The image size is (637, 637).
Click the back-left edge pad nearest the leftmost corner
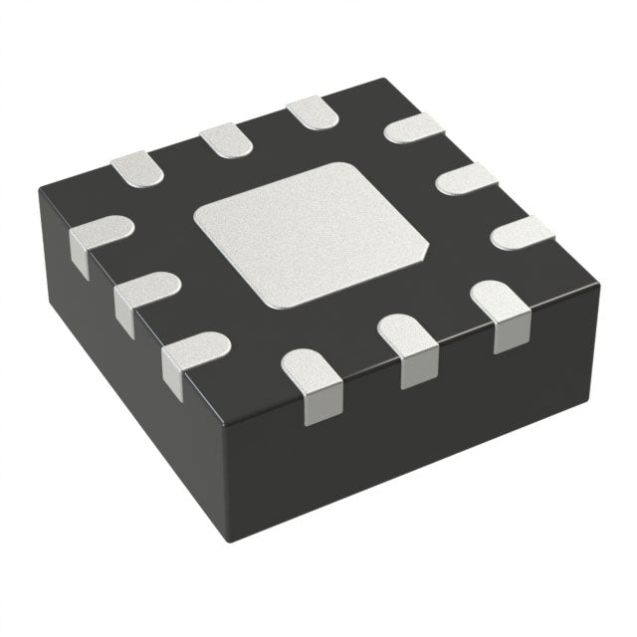[x=137, y=169]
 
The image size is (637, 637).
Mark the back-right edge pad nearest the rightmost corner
[x=522, y=233]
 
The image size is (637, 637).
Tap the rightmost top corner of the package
[x=598, y=288]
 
